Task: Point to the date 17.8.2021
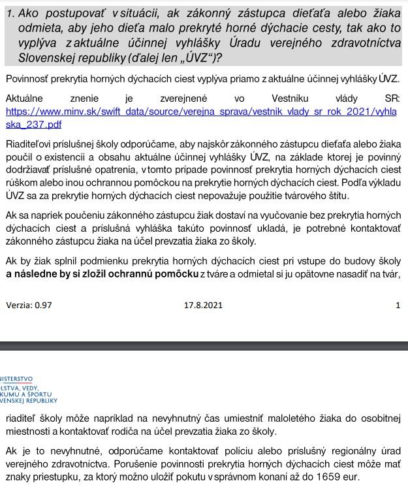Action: pos(204,305)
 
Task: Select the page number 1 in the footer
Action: pos(398,305)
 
